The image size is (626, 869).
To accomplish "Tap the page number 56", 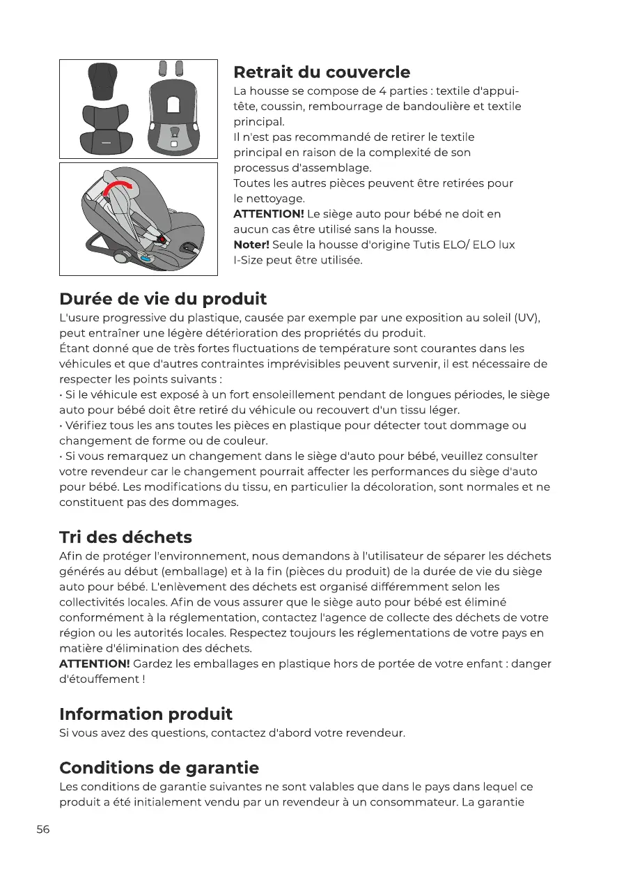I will click(43, 829).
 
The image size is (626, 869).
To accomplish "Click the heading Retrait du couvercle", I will click(322, 72).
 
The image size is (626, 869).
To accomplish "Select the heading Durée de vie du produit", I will click(163, 299).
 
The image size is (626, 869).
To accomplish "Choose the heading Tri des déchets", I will click(125, 537).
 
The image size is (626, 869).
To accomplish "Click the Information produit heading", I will click(146, 714).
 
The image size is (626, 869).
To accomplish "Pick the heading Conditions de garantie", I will click(159, 767).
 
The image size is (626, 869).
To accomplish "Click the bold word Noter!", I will click(251, 245).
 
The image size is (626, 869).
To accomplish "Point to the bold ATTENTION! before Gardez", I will click(95, 663).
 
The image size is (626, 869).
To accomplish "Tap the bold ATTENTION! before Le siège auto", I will click(269, 214).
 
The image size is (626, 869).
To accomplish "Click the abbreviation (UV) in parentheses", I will click(526, 318).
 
